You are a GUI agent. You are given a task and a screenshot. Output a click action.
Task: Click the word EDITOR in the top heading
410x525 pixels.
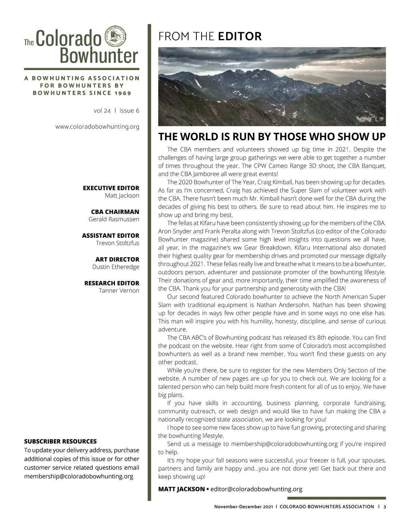pos(240,36)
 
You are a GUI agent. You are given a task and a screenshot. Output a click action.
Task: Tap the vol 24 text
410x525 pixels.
pos(102,110)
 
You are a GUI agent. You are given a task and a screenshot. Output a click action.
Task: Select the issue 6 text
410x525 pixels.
pos(129,110)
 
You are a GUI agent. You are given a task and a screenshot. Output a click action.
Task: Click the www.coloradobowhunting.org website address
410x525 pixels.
pos(97,127)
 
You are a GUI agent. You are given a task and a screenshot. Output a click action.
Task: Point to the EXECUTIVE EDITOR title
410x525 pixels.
pos(111,188)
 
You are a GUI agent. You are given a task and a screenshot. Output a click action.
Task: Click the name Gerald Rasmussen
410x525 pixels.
pos(114,219)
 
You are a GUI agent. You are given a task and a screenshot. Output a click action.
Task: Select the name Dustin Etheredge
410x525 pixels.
pos(115,267)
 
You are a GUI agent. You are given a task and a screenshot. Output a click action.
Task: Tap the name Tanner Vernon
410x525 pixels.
pos(119,291)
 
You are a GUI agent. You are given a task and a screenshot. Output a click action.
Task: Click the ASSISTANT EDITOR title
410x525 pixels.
pos(110,235)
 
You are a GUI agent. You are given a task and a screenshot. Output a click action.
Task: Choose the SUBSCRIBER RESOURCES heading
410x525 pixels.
pos(60,441)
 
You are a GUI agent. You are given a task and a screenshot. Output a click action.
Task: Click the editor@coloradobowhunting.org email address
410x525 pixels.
pos(256,489)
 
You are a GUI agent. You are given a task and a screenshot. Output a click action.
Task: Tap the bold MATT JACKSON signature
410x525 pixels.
pos(181,489)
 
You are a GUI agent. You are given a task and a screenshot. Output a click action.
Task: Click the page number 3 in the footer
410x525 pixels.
pos(384,507)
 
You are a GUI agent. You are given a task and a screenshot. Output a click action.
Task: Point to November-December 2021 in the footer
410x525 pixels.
pos(244,507)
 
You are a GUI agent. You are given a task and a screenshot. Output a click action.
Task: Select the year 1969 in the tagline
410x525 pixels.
pos(123,93)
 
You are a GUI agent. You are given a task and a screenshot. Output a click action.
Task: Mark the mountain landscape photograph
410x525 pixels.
pos(272,87)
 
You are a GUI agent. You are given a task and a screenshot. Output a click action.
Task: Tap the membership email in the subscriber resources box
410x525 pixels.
pos(79,476)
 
